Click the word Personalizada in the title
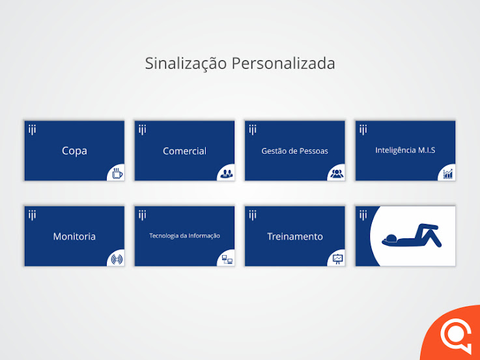point(283,63)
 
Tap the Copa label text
point(74,151)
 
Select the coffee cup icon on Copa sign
point(117,173)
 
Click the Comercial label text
point(184,151)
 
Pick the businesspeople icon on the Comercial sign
point(227,174)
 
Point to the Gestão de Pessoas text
point(295,151)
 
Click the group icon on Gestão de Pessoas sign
point(337,174)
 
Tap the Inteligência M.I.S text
point(405,150)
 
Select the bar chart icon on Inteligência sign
point(448,174)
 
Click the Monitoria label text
point(74,236)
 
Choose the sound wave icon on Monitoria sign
point(117,259)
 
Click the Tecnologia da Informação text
point(184,236)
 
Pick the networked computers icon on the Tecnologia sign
point(227,259)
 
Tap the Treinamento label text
point(295,236)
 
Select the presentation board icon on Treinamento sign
point(337,259)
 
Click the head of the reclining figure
point(391,238)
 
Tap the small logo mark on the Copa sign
point(32,130)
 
